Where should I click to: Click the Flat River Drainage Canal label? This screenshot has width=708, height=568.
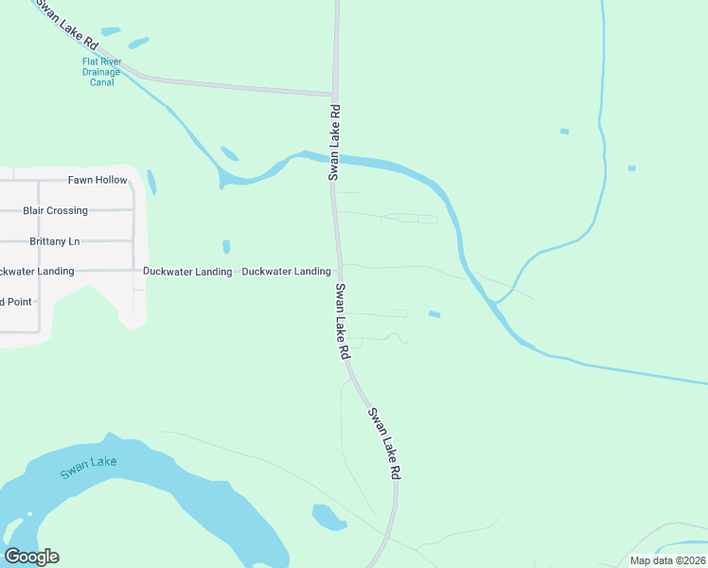tap(101, 72)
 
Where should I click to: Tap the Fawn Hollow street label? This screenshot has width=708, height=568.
tap(97, 180)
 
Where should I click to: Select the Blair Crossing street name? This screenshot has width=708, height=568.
tap(55, 210)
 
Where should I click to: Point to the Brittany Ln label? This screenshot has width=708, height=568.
tap(55, 241)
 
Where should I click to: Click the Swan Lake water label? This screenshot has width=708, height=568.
tap(87, 468)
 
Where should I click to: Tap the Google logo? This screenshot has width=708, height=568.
tap(31, 557)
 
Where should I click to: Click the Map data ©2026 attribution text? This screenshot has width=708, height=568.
tap(667, 560)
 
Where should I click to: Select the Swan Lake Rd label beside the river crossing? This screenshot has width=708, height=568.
tap(333, 142)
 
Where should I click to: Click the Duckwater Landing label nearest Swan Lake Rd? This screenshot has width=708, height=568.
tap(286, 272)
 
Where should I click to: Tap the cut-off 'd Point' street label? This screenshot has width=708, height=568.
tap(16, 302)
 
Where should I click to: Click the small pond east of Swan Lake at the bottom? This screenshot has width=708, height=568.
tap(327, 516)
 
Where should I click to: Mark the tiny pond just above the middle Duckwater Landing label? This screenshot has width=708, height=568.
tap(226, 246)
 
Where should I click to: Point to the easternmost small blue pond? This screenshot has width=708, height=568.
tap(631, 169)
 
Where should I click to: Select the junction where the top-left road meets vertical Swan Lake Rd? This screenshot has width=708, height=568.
tap(334, 94)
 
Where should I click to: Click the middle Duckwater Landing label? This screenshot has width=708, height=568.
tap(186, 272)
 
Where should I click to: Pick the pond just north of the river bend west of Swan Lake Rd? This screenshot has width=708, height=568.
tap(229, 153)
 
